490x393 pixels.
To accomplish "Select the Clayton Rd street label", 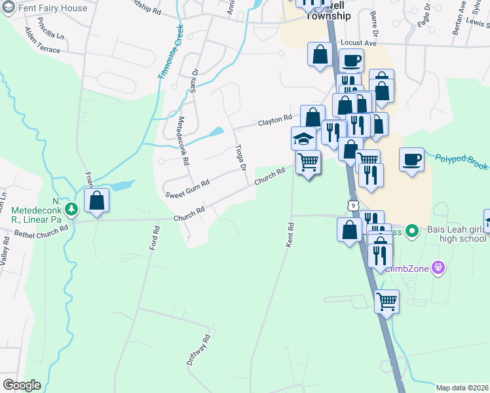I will pyautogui.click(x=274, y=121).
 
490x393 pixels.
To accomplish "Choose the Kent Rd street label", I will pyautogui.click(x=290, y=234).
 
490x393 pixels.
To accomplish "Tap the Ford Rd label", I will pyautogui.click(x=155, y=238).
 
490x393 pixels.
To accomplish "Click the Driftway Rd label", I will pyautogui.click(x=198, y=350).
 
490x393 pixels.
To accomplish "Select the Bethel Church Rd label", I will pyautogui.click(x=41, y=232).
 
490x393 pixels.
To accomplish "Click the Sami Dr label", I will pyautogui.click(x=194, y=81).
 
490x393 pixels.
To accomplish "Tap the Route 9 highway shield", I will pyautogui.click(x=353, y=206).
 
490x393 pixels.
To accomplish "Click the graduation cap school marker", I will pyautogui.click(x=304, y=138).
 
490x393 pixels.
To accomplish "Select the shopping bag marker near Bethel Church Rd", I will pyautogui.click(x=96, y=201).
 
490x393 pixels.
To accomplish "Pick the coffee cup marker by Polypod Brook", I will pyautogui.click(x=411, y=160).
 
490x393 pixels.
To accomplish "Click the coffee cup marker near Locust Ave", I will pyautogui.click(x=351, y=60).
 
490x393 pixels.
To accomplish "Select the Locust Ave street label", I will pyautogui.click(x=358, y=43).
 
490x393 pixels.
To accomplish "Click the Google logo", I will pyautogui.click(x=22, y=385).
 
